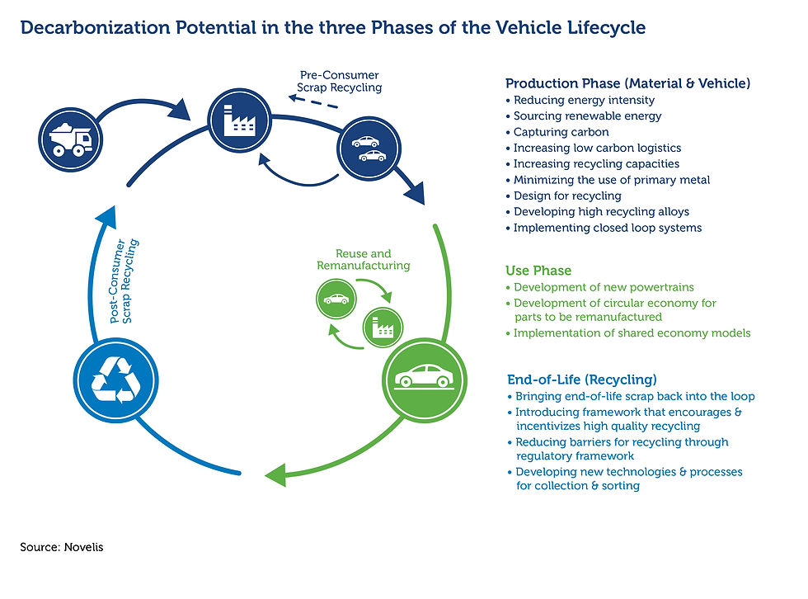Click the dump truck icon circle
coord(71,139)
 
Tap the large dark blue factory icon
coord(240,120)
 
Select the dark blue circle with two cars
coord(369,149)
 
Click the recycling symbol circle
coord(116,380)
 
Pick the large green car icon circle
coord(424,380)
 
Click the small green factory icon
coord(383,327)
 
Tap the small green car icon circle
coord(336,299)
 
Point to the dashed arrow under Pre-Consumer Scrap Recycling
coord(313,101)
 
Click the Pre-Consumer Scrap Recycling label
coord(340,82)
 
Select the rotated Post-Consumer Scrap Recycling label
coord(124,281)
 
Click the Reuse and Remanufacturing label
coord(364,259)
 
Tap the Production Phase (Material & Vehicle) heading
coord(627,83)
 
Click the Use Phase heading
coord(538,271)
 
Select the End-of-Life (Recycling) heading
coord(582,380)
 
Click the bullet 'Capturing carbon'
coord(557,132)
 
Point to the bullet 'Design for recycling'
coord(563,196)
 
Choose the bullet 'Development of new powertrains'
coord(600,287)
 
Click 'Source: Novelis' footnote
coord(62,547)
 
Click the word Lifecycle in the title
coord(606,28)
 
